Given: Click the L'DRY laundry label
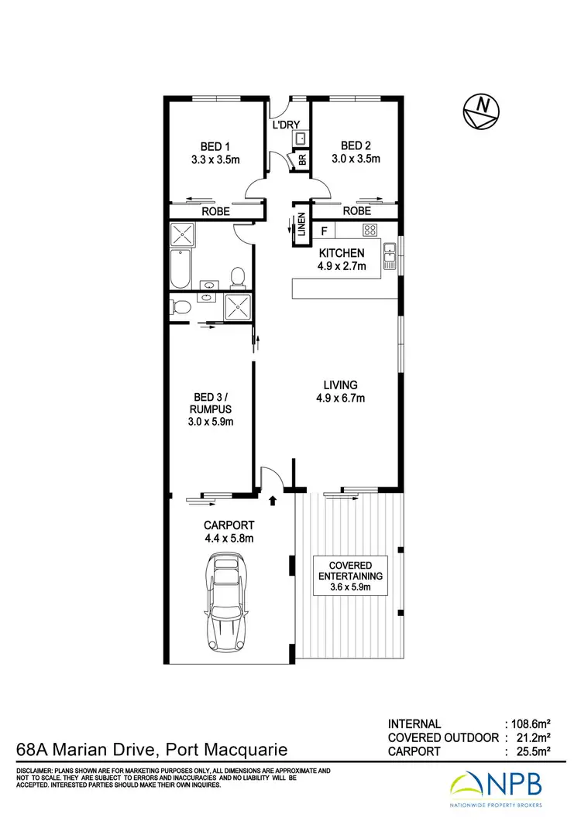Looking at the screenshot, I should tap(285, 125).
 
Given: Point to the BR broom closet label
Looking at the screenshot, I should tap(302, 160).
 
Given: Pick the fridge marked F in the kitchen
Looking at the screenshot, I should tap(325, 230).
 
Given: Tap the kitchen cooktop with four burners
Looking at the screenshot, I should tap(370, 230).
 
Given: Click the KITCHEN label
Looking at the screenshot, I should tap(340, 253).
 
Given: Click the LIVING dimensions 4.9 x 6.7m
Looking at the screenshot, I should tap(340, 399).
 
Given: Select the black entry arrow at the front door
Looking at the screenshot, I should tap(272, 501).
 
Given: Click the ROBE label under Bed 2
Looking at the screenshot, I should tap(356, 210).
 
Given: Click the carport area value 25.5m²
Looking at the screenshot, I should tap(531, 751).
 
